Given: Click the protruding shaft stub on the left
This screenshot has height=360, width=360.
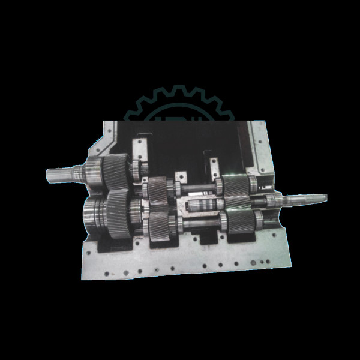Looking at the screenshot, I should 60,176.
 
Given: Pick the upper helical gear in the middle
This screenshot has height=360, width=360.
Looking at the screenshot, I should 158,190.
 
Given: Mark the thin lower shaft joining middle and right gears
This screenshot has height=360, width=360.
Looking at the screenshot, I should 198,226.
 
